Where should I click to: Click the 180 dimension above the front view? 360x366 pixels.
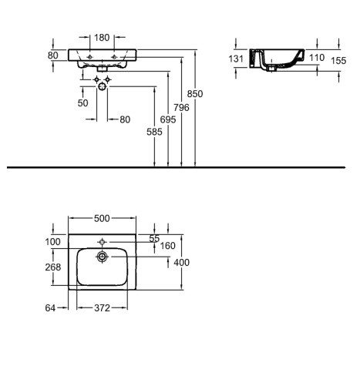tap(102, 38)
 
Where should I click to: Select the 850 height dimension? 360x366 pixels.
tap(195, 94)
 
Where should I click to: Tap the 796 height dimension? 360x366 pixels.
tap(181, 107)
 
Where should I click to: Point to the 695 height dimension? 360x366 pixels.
tap(168, 119)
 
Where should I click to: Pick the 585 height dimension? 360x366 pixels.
tap(154, 132)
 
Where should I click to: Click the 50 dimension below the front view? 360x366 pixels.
tap(82, 103)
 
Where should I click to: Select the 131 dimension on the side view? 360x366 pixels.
tap(236, 59)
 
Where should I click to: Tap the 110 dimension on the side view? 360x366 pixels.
tap(317, 58)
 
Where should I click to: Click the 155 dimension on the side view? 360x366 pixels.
tap(338, 61)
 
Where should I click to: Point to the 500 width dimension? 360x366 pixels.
tap(102, 218)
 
